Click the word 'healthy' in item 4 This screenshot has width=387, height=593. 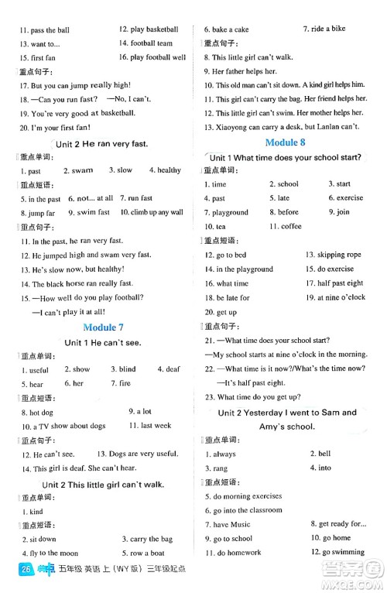[169, 170]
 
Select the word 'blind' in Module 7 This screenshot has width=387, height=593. [127, 369]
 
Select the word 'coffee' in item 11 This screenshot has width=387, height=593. [290, 226]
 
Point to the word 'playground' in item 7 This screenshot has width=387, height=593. [230, 212]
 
